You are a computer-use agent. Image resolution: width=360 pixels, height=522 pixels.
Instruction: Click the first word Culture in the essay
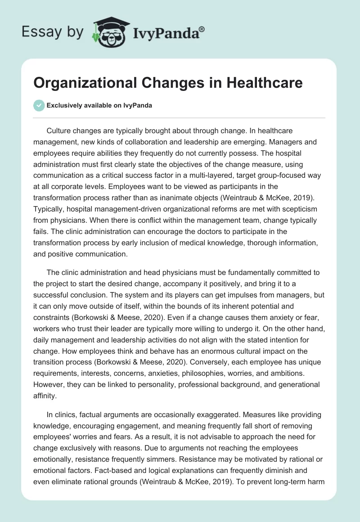(x=58, y=130)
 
